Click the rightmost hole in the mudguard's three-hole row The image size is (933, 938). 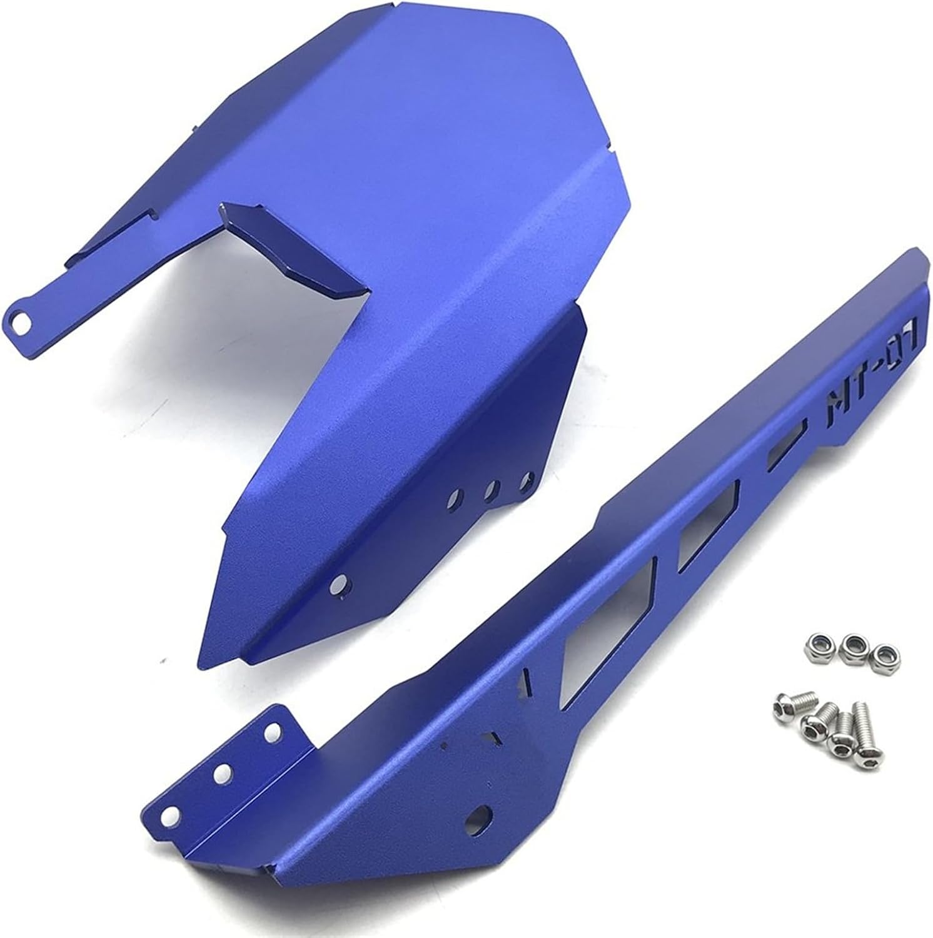coord(525,482)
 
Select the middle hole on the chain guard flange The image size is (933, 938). coord(221,773)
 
